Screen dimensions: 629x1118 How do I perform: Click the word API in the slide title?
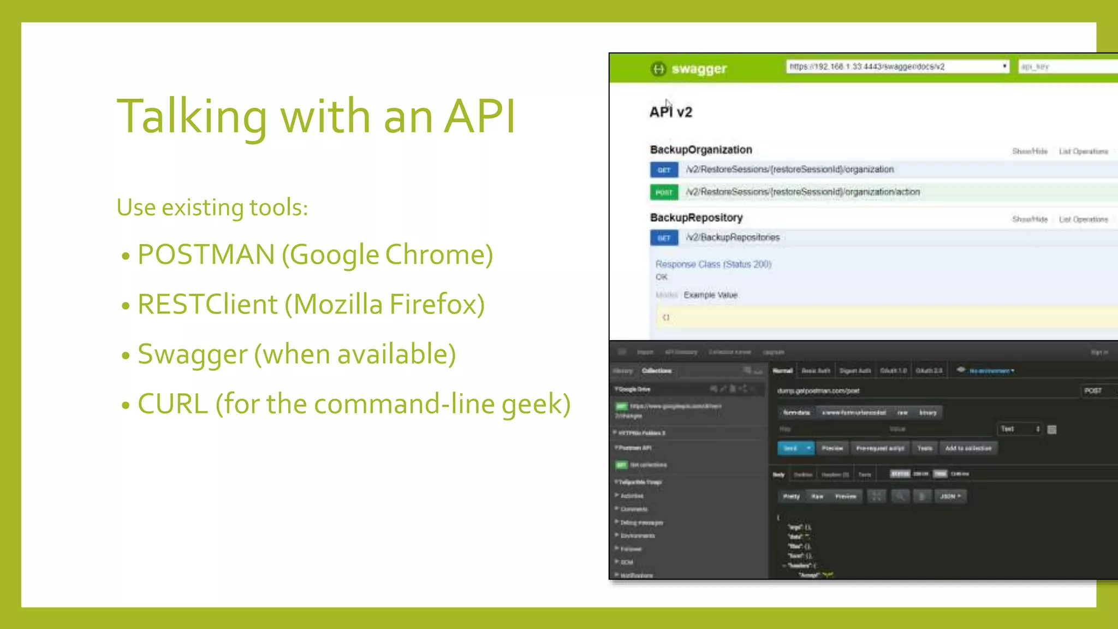[479, 116]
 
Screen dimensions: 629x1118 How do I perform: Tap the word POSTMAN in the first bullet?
[206, 254]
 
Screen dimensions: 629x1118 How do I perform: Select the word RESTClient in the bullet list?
[207, 304]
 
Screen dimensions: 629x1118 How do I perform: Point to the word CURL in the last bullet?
[173, 404]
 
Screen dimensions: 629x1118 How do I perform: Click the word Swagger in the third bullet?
[192, 354]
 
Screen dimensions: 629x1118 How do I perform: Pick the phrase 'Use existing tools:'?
[212, 207]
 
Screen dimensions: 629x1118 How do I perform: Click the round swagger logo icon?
[658, 69]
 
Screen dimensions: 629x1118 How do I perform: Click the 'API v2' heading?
[670, 112]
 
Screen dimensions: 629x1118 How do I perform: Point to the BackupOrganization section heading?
[701, 150]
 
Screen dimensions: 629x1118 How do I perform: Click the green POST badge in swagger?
[664, 192]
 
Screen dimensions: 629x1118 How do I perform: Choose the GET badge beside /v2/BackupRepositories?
[664, 238]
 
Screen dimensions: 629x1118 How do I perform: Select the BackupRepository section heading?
[696, 217]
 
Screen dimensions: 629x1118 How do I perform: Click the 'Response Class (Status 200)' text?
[713, 264]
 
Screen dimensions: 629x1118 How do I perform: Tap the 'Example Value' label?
[710, 295]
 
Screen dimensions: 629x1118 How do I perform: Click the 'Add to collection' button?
[968, 448]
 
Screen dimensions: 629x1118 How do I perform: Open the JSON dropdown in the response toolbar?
[950, 496]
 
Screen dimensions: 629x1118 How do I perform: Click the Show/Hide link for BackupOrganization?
[1030, 151]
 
